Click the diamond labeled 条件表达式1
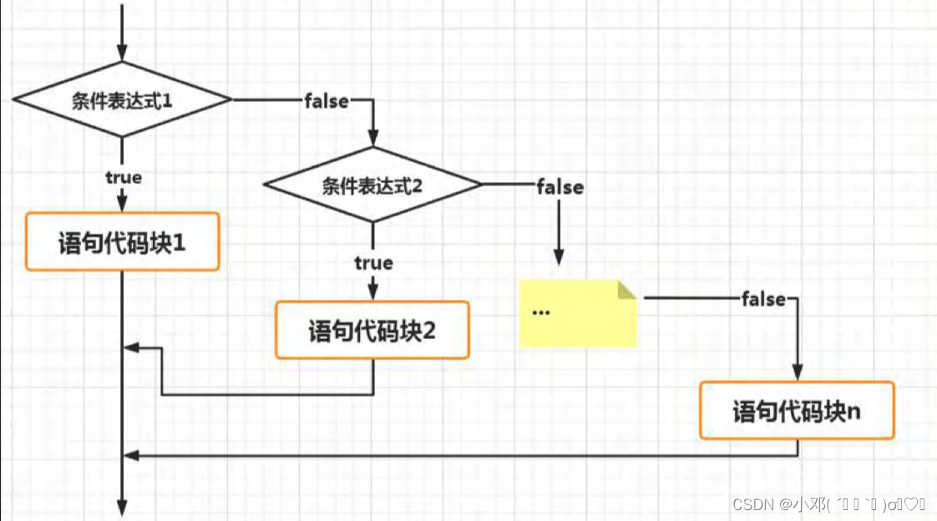(122, 100)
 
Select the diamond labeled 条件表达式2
(372, 185)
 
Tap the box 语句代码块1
(122, 241)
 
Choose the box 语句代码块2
(372, 330)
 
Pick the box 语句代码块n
(797, 411)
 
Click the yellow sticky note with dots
(577, 313)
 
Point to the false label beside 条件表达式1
(327, 101)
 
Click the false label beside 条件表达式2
(560, 187)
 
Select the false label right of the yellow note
(763, 299)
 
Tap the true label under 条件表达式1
(123, 177)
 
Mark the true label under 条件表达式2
(373, 263)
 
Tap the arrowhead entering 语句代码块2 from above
(373, 292)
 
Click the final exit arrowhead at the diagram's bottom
(123, 508)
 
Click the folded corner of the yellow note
(626, 290)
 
